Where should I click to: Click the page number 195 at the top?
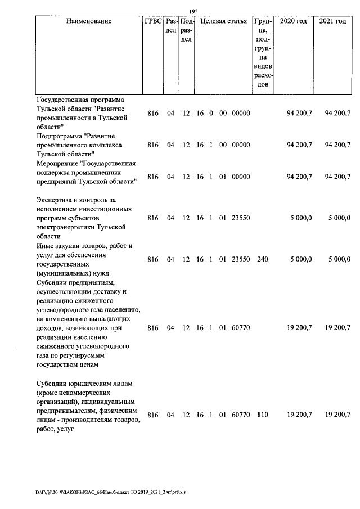193,11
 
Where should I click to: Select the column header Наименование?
88,21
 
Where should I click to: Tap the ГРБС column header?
153,21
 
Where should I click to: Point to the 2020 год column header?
294,21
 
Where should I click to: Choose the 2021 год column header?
332,21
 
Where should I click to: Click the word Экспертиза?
56,200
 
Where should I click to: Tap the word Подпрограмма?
59,136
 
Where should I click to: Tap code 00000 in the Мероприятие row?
240,177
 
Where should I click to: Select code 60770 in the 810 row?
240,415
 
